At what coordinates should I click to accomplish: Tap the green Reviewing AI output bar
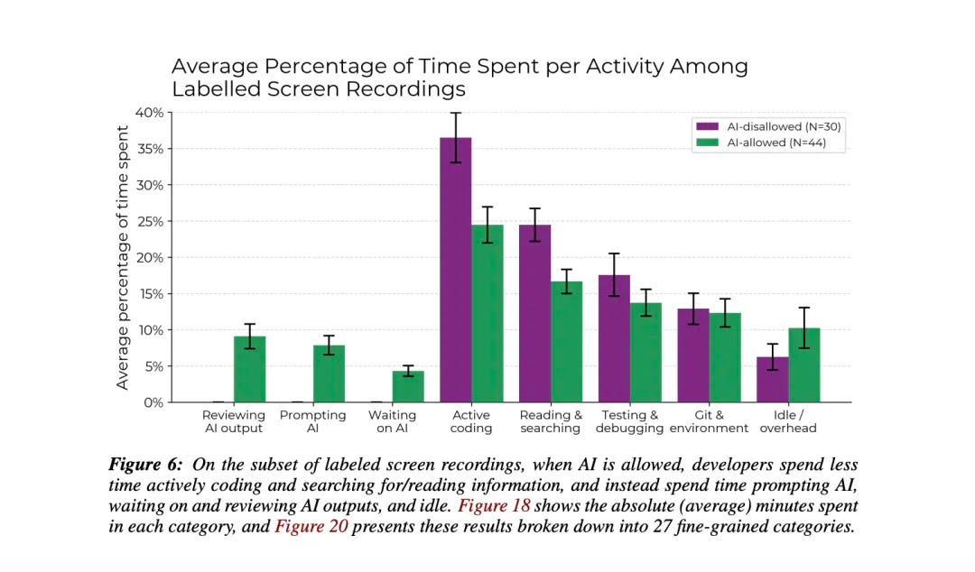point(250,369)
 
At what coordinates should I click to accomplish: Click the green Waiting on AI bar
point(408,386)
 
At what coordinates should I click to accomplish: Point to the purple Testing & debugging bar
point(614,338)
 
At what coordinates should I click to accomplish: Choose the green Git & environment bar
point(725,357)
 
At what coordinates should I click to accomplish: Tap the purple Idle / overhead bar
point(772,379)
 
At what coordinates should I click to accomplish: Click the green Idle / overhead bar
point(803,364)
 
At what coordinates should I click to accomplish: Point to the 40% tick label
point(150,113)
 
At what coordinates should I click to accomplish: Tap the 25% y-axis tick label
point(150,222)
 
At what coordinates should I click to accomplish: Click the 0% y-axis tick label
point(153,402)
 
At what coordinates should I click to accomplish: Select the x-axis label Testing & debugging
point(629,421)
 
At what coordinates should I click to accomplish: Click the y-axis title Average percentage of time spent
point(122,257)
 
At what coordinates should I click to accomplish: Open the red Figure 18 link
point(494,505)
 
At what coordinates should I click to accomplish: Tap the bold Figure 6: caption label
point(145,465)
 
